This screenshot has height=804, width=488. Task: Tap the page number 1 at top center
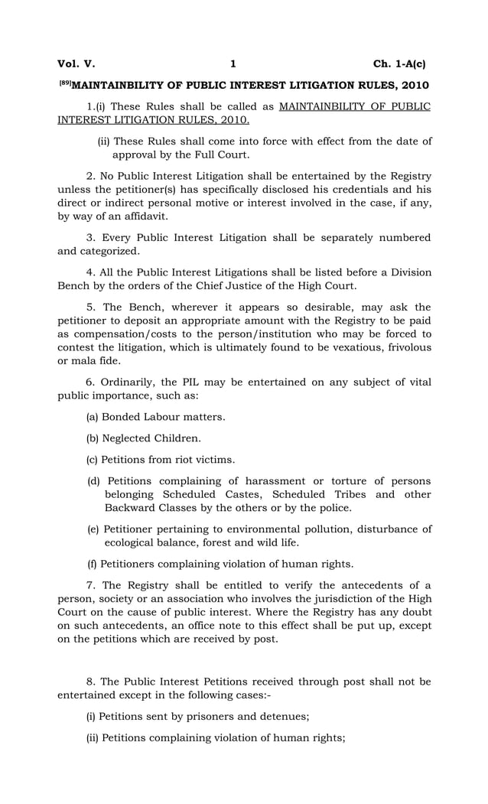[x=233, y=63]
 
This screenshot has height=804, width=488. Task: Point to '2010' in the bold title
[x=412, y=84]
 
